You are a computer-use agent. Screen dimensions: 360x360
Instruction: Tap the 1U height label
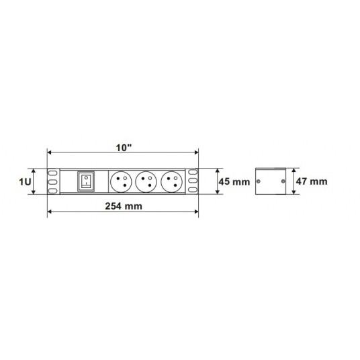pyautogui.click(x=24, y=182)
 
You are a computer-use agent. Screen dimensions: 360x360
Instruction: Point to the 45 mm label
pyautogui.click(x=234, y=182)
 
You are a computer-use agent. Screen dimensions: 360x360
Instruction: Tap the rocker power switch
pyautogui.click(x=85, y=181)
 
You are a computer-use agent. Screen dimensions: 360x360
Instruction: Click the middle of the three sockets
pyautogui.click(x=146, y=181)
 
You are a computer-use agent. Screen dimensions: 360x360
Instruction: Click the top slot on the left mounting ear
pyautogui.click(x=52, y=173)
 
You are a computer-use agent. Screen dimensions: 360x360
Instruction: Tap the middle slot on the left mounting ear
pyautogui.click(x=52, y=181)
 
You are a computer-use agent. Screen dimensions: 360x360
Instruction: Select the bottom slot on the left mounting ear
pyautogui.click(x=52, y=189)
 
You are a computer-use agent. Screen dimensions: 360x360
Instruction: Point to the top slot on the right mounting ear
pyautogui.click(x=193, y=173)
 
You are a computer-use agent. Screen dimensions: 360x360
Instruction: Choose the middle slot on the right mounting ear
pyautogui.click(x=193, y=181)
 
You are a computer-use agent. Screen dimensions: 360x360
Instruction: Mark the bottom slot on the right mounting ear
pyautogui.click(x=193, y=189)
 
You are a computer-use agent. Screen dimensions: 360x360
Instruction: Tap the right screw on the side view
pyautogui.click(x=284, y=182)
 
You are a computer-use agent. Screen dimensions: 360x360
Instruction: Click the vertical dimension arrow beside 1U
pyautogui.click(x=34, y=181)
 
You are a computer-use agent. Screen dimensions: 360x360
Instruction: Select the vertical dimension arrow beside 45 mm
pyautogui.click(x=218, y=181)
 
